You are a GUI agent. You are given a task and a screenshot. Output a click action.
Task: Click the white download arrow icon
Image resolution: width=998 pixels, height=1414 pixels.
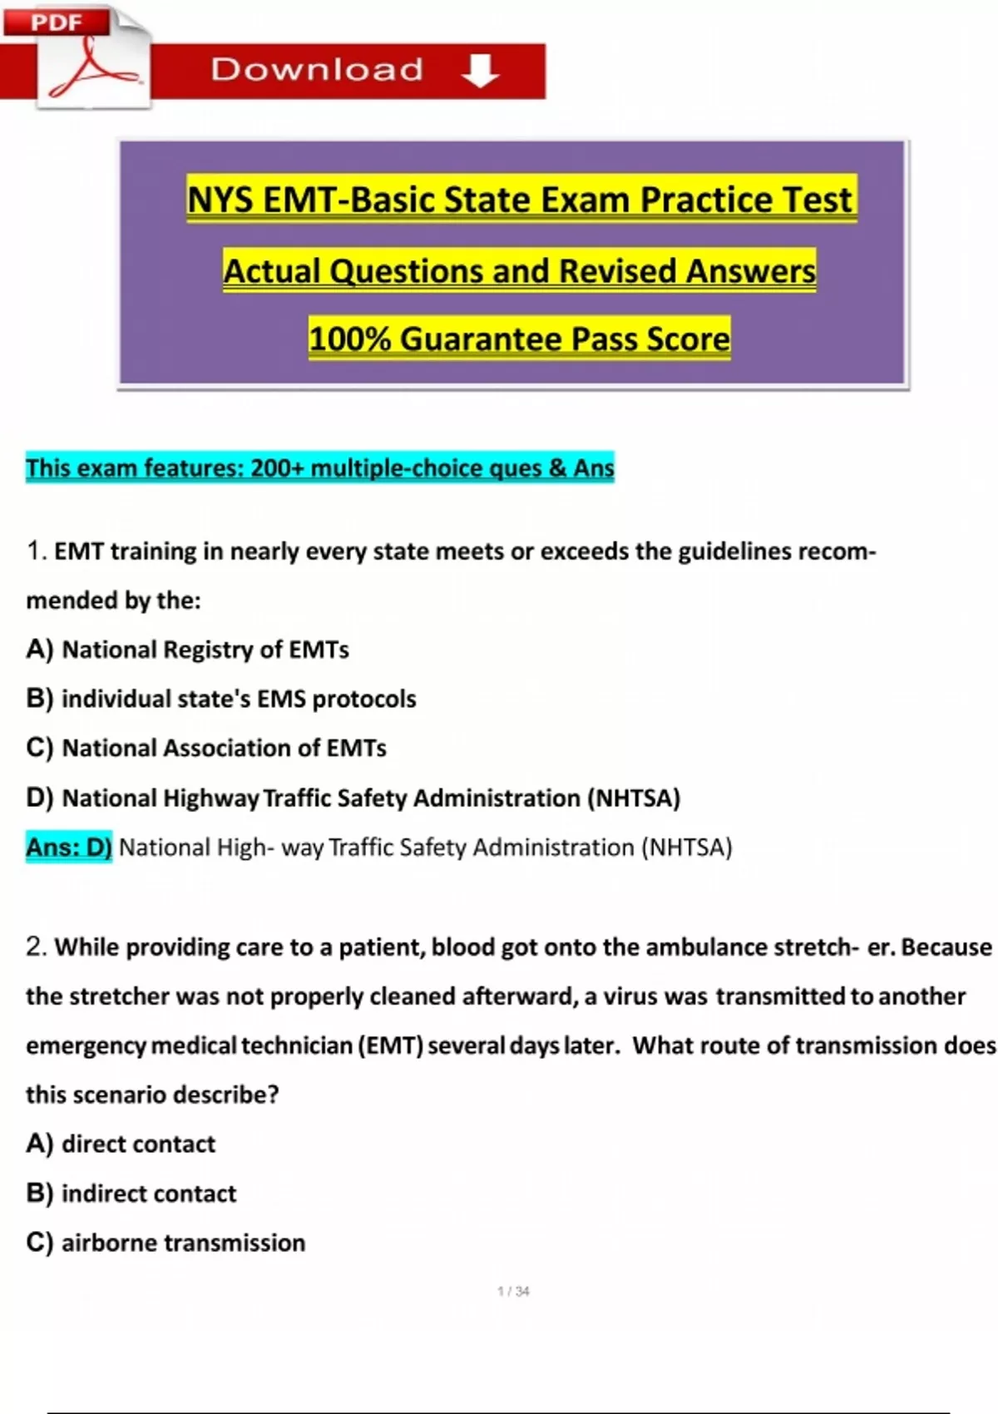[480, 71]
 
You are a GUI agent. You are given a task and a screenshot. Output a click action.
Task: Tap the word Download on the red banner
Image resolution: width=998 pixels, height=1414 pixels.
[317, 70]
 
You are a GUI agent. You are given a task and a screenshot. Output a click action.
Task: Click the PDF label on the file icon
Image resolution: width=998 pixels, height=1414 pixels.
[57, 22]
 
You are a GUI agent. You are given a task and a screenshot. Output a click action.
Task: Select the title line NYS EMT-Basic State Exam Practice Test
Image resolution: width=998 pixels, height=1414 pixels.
[521, 200]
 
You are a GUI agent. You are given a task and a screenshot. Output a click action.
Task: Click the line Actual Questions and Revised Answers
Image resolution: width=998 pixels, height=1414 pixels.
[519, 271]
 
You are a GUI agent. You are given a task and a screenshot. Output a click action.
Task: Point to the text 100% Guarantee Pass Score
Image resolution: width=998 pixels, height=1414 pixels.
[519, 339]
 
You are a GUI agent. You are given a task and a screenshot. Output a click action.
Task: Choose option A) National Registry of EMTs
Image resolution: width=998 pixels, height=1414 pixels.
[188, 650]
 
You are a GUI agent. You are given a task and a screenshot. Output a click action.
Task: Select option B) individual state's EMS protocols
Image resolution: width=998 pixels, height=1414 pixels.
[221, 699]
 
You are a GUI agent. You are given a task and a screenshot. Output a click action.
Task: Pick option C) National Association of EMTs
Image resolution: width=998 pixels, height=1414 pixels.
[206, 749]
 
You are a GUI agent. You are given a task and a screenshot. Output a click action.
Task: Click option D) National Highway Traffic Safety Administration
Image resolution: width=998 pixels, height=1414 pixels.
[353, 798]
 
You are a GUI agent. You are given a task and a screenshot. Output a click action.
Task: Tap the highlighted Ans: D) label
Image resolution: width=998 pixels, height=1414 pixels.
[69, 848]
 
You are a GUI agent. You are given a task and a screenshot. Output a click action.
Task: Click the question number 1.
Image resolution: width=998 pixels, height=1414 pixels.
[35, 551]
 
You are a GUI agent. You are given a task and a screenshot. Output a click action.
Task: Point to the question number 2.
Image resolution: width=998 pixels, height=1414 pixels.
[35, 947]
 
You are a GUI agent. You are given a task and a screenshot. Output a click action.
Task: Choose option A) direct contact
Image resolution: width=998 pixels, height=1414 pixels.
[121, 1145]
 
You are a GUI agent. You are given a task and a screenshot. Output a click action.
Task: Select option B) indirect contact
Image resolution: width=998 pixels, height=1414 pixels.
[131, 1194]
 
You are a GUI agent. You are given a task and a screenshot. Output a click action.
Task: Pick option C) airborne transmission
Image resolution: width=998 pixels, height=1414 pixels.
[166, 1243]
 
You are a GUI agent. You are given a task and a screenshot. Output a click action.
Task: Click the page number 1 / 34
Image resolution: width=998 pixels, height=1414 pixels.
[513, 1291]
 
